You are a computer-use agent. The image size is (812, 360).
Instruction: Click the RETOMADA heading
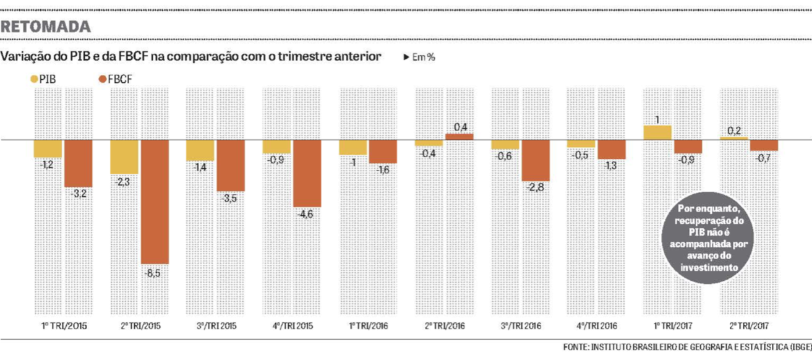[46, 27]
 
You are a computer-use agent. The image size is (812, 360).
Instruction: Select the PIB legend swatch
[33, 79]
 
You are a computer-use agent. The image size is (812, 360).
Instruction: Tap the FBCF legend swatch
[102, 79]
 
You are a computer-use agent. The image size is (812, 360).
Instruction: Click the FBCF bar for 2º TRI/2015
[155, 202]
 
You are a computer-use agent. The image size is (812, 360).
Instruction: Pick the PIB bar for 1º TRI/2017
[657, 132]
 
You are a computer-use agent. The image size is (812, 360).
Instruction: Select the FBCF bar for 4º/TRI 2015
[307, 173]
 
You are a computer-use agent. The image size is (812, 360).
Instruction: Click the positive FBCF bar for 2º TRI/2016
[459, 137]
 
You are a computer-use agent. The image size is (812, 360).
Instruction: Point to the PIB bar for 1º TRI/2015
[48, 148]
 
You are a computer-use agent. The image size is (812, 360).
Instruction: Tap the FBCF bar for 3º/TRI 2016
[536, 160]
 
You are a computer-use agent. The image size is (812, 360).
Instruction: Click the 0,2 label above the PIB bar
[734, 131]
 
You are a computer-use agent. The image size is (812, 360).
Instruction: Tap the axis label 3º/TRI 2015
[215, 326]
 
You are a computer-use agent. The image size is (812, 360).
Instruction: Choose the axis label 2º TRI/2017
[748, 326]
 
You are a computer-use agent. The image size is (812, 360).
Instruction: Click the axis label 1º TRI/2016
[368, 326]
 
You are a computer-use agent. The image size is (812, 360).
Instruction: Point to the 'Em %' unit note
[420, 57]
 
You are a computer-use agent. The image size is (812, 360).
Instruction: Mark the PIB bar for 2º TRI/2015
[124, 157]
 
